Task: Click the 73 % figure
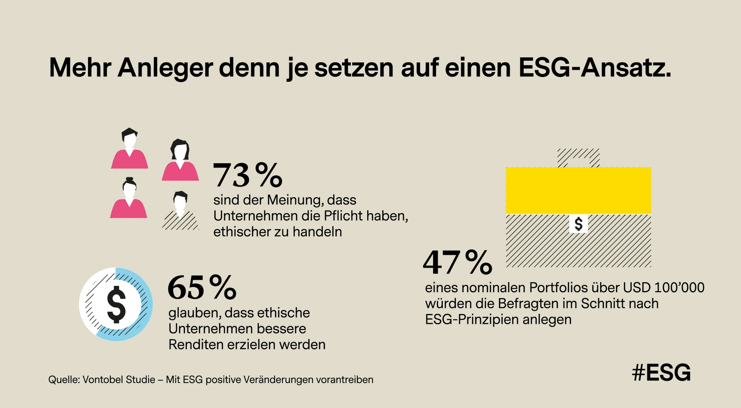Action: point(247,175)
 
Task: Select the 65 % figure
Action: point(202,287)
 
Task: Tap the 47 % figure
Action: point(458,262)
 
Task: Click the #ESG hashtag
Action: point(661,373)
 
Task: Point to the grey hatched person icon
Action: point(180,211)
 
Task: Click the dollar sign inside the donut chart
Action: point(116,304)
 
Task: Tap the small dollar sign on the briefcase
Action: point(578,224)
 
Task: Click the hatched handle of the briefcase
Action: point(578,157)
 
